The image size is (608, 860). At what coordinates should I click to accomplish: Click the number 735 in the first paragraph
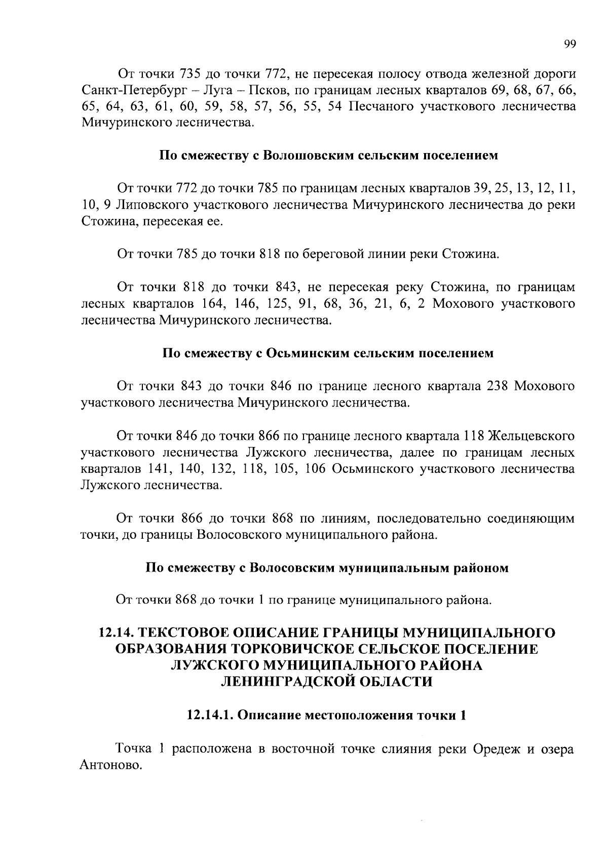click(191, 74)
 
